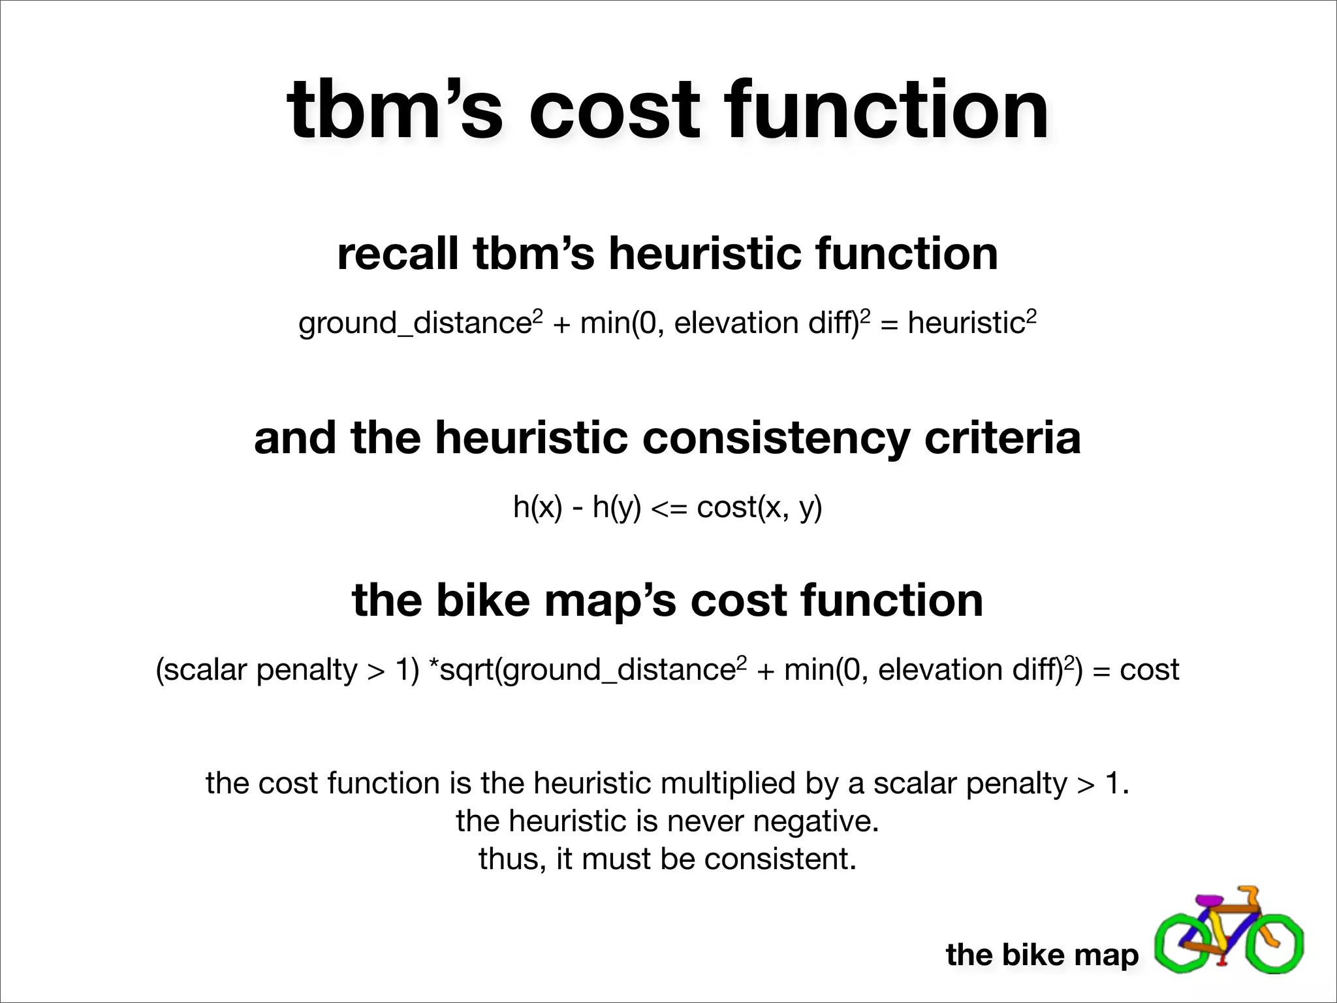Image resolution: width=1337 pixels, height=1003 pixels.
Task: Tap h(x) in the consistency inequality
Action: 537,507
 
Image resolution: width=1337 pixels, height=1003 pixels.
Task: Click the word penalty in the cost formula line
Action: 307,670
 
